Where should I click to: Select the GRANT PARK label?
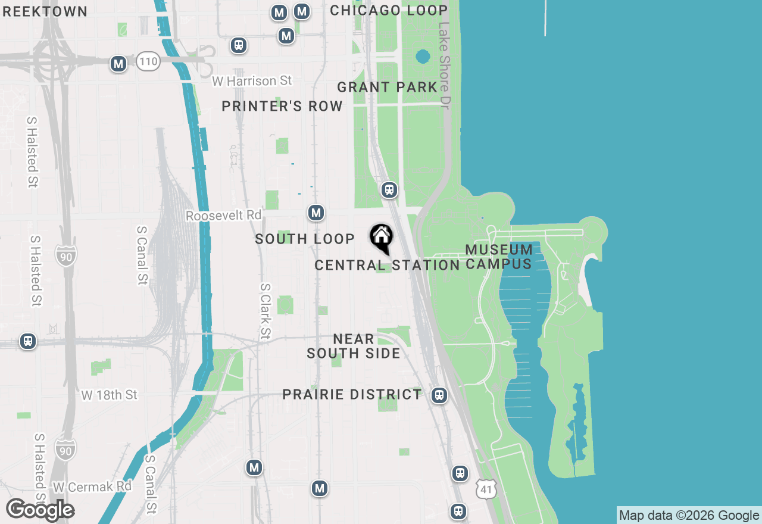tap(388, 87)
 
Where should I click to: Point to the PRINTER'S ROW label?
tap(282, 106)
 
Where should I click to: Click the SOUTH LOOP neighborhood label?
tap(305, 239)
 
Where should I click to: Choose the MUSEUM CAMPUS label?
tap(499, 257)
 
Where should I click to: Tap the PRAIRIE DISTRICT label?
tap(352, 394)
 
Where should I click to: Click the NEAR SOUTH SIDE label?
tap(354, 346)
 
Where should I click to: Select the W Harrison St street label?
tap(252, 80)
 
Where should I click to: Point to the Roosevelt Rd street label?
tap(223, 216)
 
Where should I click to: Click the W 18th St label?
tap(109, 395)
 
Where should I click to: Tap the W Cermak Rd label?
tap(92, 486)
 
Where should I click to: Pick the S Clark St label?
tap(266, 311)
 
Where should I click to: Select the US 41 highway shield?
tap(486, 489)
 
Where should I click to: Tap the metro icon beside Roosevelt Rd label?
tap(316, 213)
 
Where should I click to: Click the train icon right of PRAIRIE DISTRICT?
tap(439, 395)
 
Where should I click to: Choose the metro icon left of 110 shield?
tap(118, 64)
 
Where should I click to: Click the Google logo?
tap(40, 510)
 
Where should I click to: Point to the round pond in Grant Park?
tap(423, 57)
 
